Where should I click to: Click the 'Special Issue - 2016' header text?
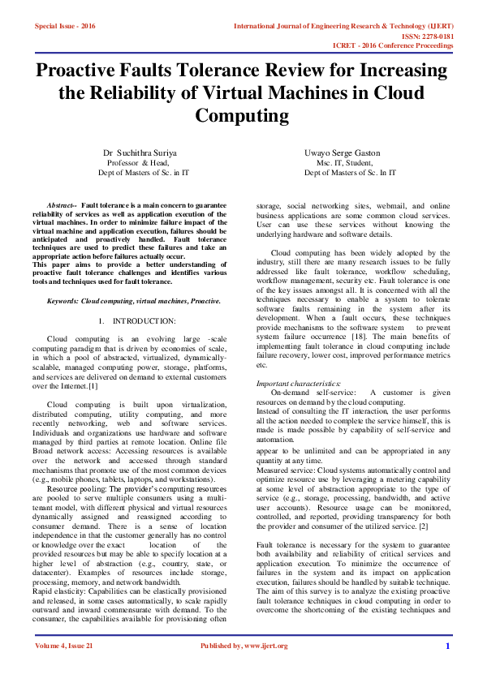click(x=65, y=27)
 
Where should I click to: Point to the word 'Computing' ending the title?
click(x=242, y=115)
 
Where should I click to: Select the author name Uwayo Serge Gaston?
click(x=342, y=152)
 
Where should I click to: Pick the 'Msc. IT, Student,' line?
click(x=341, y=162)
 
